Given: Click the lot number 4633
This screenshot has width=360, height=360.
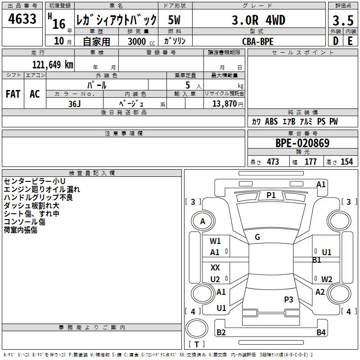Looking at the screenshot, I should tap(22, 20).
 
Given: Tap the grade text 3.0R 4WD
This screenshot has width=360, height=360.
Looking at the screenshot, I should tap(258, 20).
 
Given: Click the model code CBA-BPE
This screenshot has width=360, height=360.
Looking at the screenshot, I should tap(257, 41).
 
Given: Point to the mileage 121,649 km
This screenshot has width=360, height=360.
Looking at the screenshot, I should tap(53, 64).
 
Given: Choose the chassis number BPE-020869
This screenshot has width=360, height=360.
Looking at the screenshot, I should tap(302, 143).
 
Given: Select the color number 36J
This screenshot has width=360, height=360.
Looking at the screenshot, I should tap(75, 103).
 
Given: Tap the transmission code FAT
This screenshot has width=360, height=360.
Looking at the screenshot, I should tap(13, 94).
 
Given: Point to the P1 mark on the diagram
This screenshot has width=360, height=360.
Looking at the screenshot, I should tap(271, 195).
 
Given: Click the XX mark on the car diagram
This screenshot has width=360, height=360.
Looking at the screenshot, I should tap(215, 268).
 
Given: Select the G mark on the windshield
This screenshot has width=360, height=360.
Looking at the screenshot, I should tap(257, 237).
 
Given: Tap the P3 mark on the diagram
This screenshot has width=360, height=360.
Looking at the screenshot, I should tap(288, 299).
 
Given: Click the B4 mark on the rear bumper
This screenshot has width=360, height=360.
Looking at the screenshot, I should tap(321, 333).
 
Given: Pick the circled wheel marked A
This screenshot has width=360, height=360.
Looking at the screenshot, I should tap(202, 221).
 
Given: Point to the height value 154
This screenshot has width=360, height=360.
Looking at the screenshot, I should tap(346, 162).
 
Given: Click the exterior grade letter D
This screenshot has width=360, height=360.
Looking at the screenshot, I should tap(335, 41).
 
